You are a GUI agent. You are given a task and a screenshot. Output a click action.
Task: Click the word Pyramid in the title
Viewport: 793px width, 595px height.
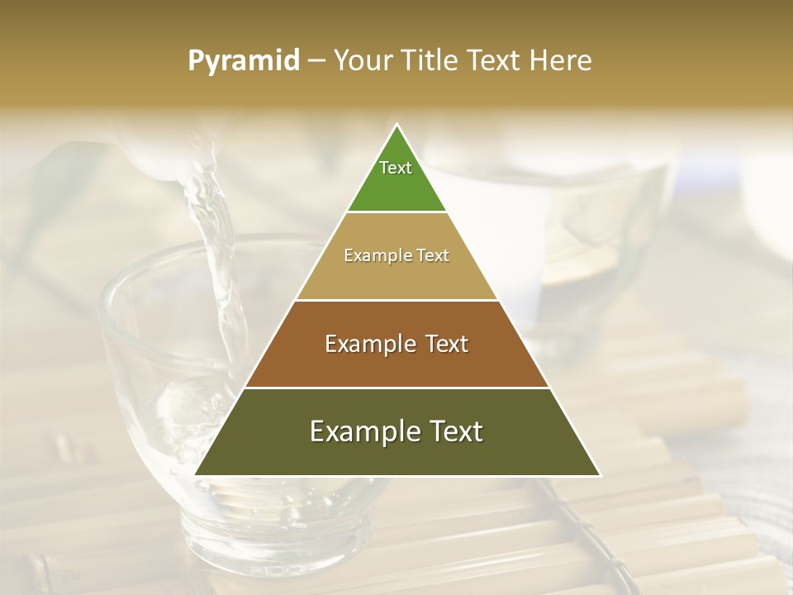[243, 61]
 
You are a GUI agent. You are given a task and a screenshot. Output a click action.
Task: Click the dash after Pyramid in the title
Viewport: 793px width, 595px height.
[316, 62]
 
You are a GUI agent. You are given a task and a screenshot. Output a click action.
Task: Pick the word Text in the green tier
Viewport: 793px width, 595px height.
[396, 168]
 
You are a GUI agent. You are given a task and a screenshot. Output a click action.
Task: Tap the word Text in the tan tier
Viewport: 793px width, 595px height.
[432, 256]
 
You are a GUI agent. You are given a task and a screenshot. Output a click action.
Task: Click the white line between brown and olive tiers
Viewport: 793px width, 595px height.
[396, 388]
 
